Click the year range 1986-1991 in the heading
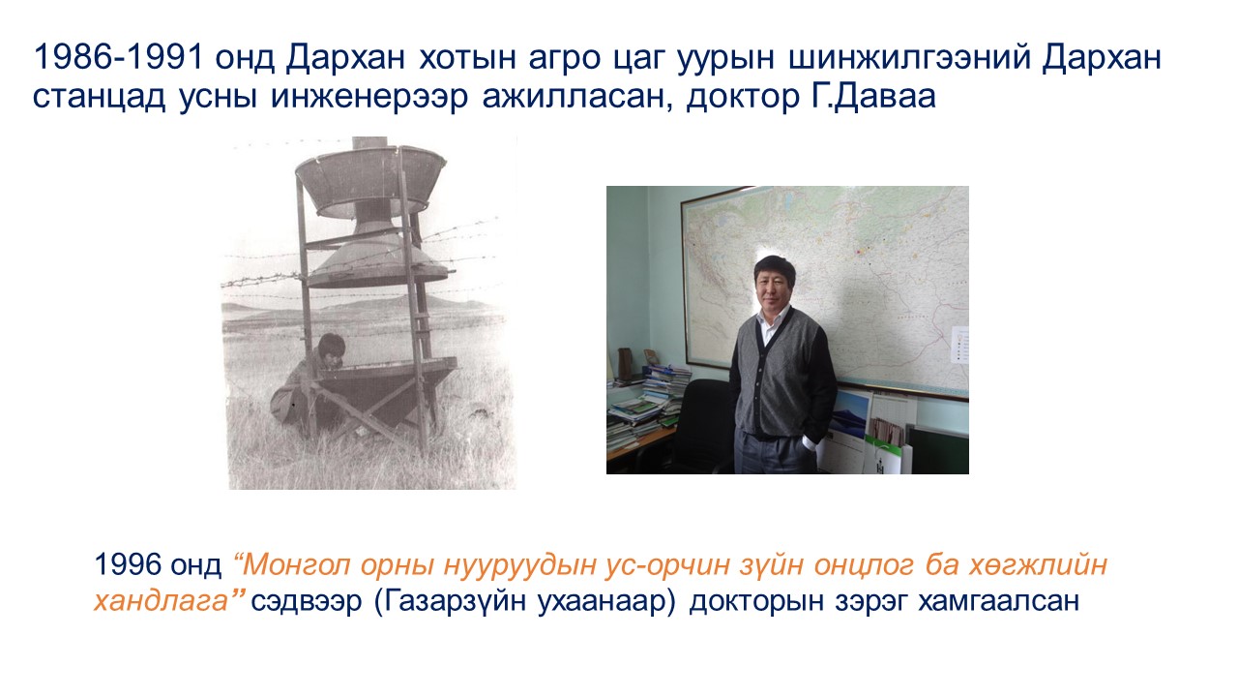(118, 57)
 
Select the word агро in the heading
(564, 60)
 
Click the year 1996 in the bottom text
(128, 564)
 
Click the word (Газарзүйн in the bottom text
(450, 602)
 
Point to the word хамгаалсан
(998, 601)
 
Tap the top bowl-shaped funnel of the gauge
(370, 180)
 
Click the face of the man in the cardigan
(774, 287)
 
